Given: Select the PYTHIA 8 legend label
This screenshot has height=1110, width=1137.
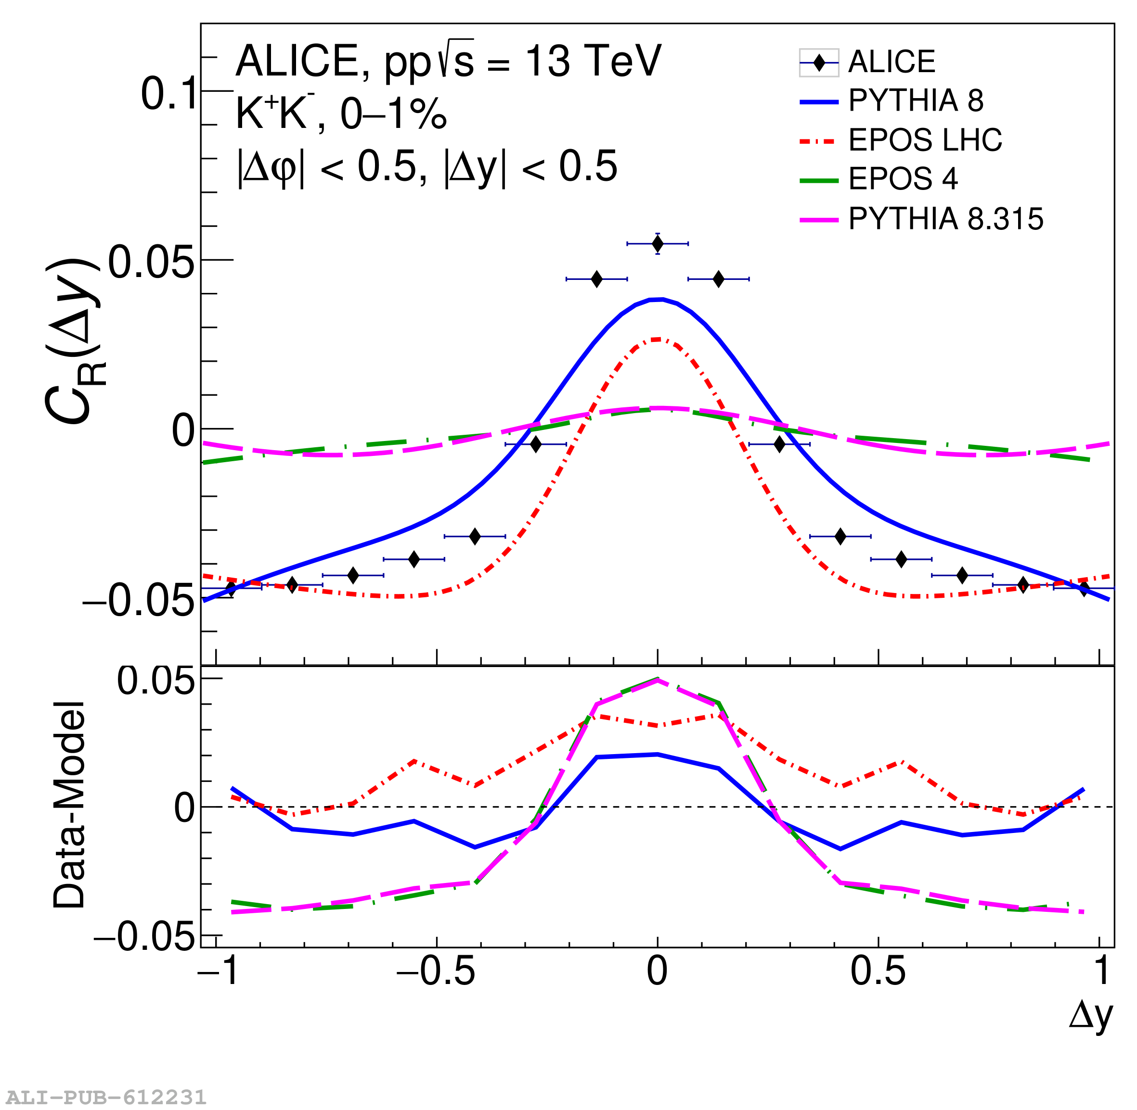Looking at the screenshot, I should (x=916, y=101).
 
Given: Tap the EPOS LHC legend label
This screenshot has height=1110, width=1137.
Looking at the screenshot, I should (x=925, y=140).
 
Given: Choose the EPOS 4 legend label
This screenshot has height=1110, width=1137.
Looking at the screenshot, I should (x=903, y=179).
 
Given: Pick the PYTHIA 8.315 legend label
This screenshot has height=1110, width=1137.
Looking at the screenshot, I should (x=945, y=219).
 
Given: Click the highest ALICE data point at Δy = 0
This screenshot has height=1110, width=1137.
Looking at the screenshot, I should (x=658, y=244).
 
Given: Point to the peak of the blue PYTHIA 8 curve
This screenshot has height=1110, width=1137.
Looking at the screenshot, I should (x=658, y=300).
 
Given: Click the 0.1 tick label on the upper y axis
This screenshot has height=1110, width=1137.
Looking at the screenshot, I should (x=169, y=93).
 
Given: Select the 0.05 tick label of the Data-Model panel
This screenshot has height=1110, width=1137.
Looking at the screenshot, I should (x=155, y=681).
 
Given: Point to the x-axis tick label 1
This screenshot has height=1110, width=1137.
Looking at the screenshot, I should (x=1101, y=972).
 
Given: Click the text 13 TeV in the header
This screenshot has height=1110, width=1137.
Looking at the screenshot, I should (x=594, y=61).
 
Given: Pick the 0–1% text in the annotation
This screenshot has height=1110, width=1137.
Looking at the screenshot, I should (x=393, y=114).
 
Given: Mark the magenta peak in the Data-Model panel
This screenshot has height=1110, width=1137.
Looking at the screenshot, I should (x=658, y=681).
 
